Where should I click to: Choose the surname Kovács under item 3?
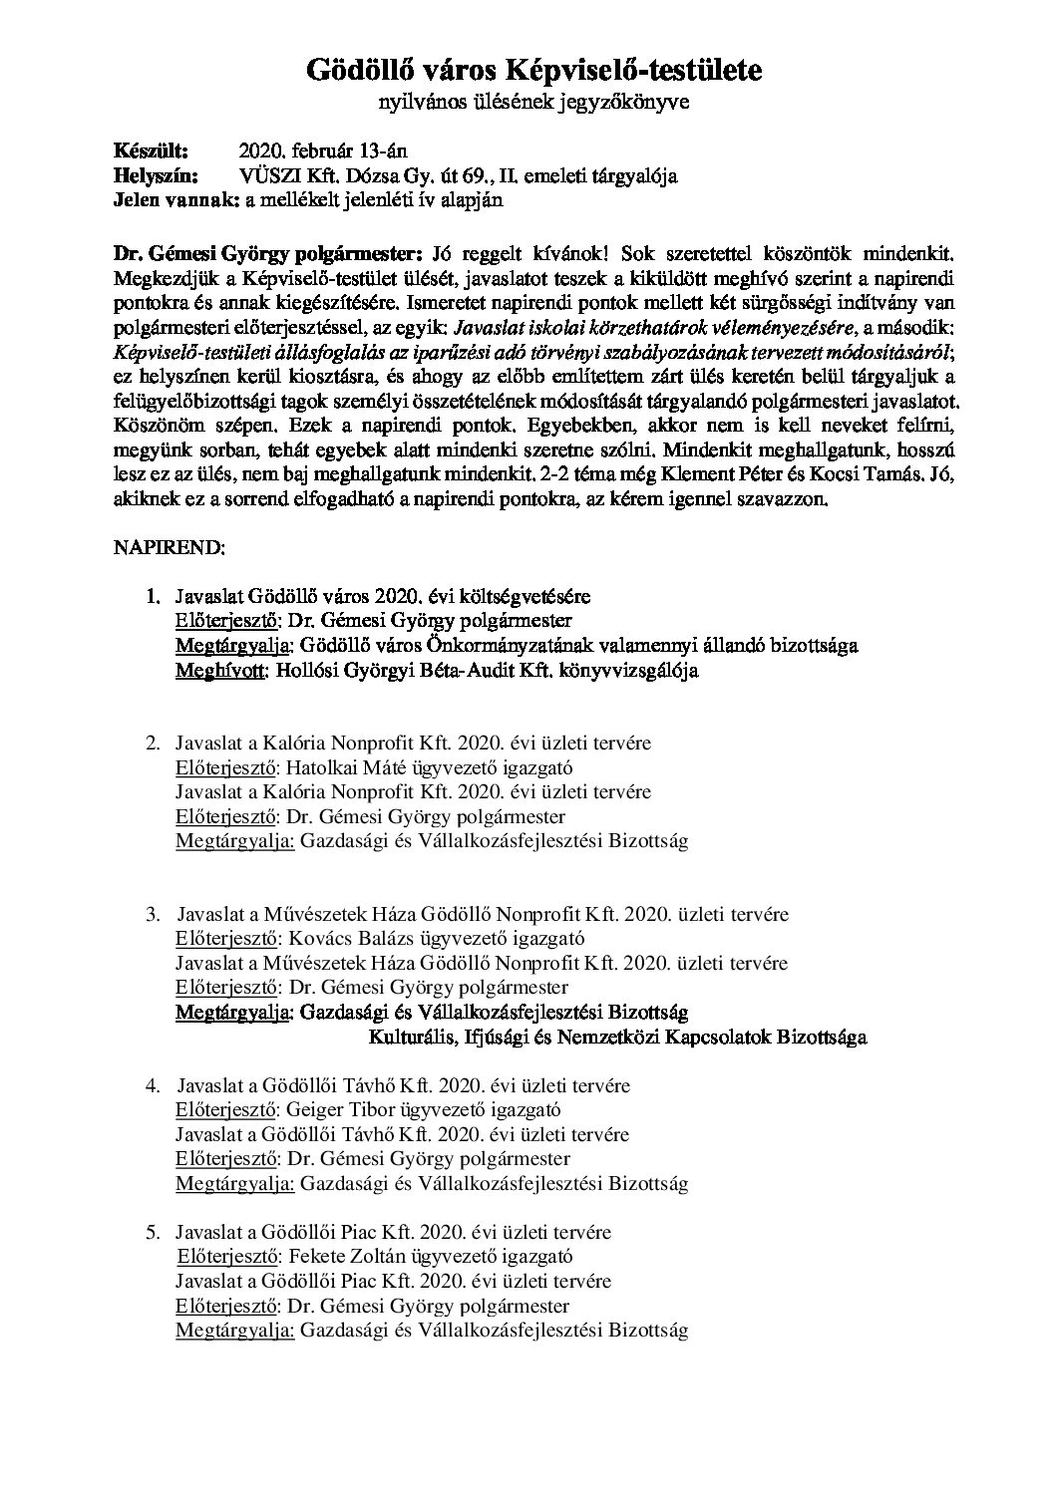tap(317, 938)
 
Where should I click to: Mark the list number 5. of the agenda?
tap(154, 1233)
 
